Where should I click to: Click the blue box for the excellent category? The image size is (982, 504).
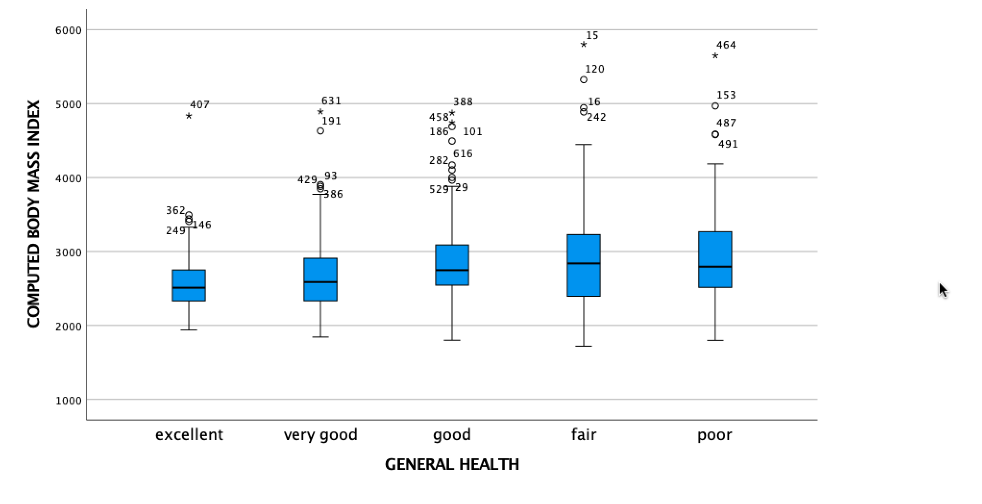pos(189,285)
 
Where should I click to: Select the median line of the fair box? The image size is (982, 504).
pos(584,264)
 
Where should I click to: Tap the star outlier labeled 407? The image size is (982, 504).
pos(189,116)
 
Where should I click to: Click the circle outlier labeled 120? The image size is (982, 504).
pos(584,80)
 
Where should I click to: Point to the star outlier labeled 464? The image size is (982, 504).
pos(715,56)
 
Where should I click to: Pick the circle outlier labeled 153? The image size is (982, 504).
pos(715,106)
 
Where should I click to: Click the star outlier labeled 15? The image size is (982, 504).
pos(584,44)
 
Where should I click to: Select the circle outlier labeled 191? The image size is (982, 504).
pos(320,131)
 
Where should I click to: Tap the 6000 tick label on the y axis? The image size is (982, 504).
pos(69,30)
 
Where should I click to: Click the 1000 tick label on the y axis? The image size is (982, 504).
pos(69,401)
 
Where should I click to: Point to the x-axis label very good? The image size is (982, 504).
pos(320,435)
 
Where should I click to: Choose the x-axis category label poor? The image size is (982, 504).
pos(715,435)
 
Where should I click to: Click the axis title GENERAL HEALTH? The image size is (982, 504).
pos(452,465)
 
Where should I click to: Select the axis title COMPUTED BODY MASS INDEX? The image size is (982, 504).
pos(33,214)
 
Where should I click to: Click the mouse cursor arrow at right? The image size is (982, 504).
pos(943,290)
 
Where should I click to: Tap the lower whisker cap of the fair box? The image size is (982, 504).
pos(584,346)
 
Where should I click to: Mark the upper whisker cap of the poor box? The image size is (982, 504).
pos(715,164)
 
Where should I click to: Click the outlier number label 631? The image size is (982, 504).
pos(331,101)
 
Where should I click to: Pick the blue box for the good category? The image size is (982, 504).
pos(452,265)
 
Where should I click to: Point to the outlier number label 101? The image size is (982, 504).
pos(472,132)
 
